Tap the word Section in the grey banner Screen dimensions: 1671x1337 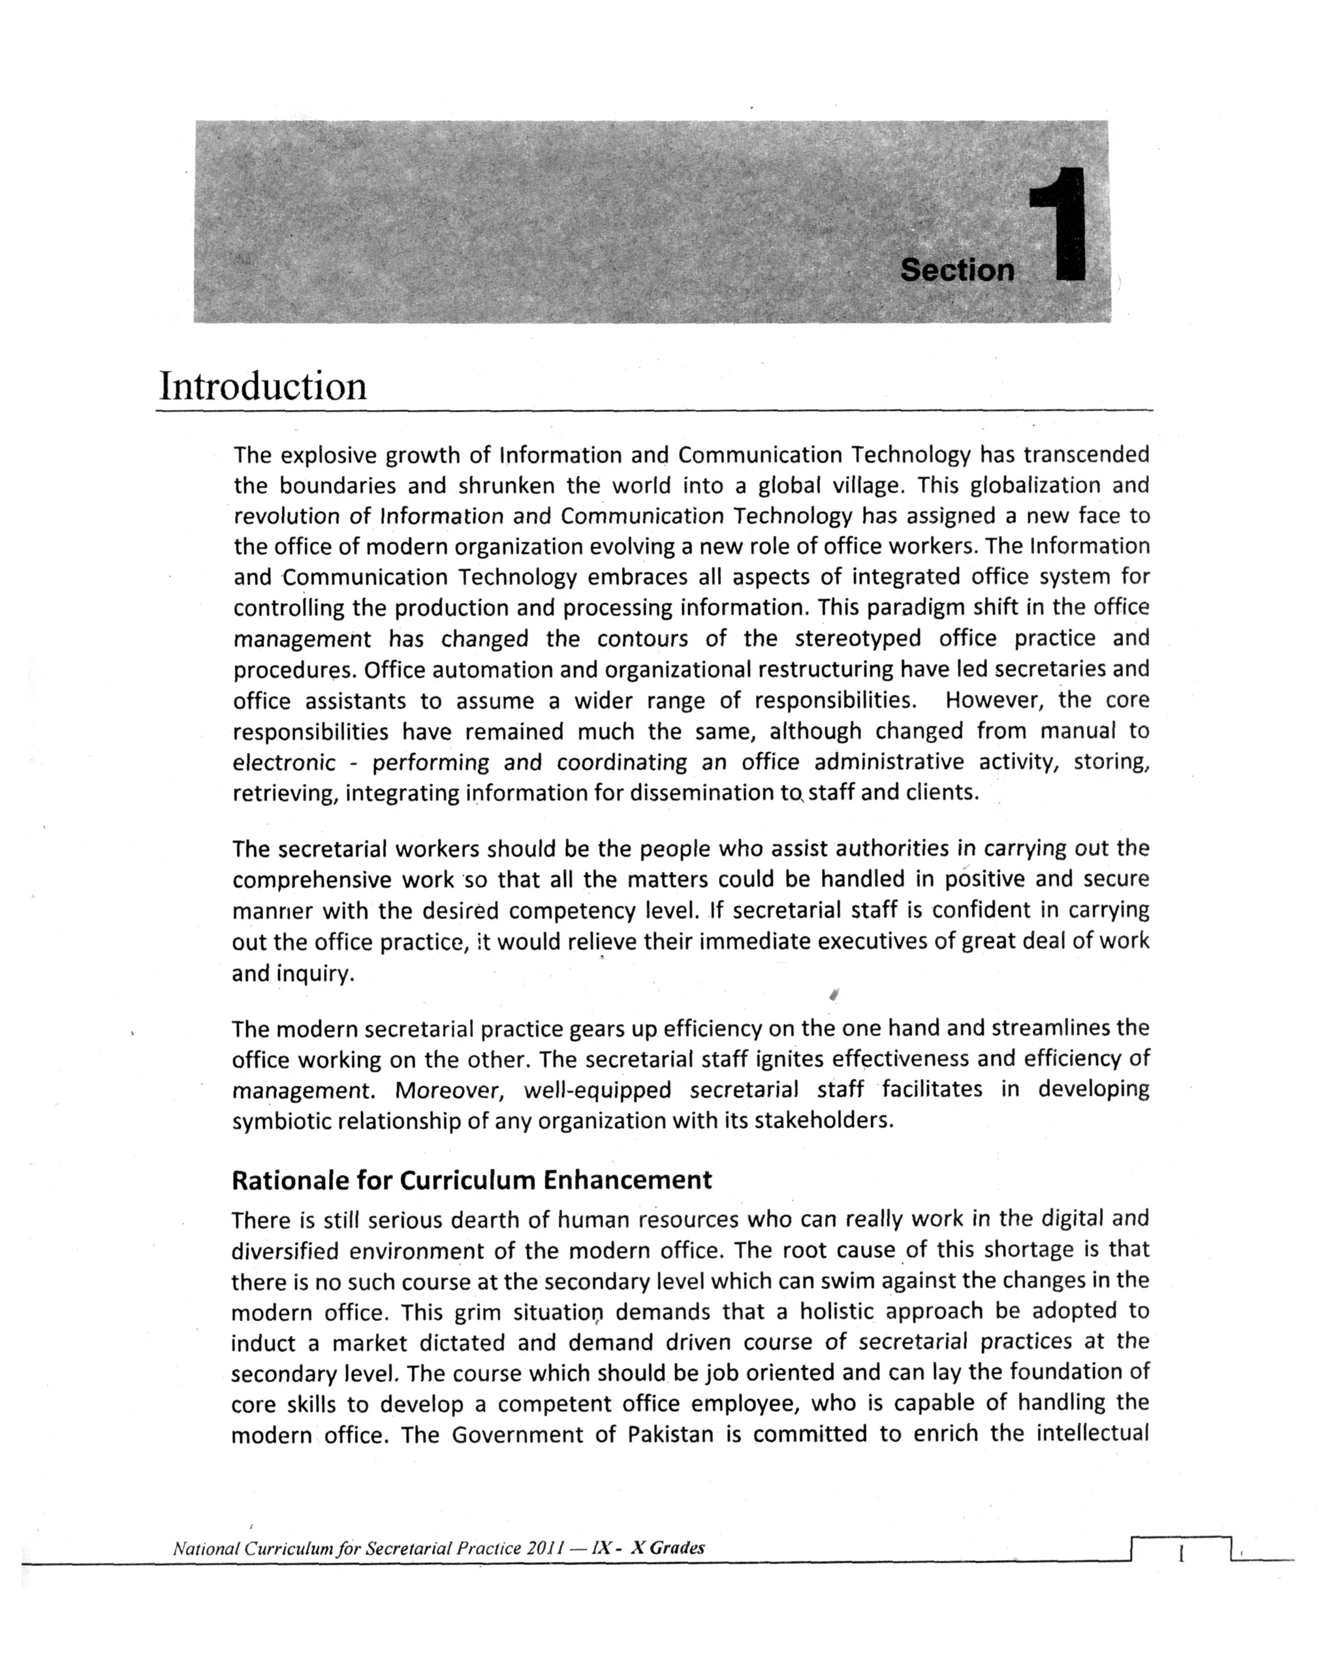click(957, 270)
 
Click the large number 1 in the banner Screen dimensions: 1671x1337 click(1060, 225)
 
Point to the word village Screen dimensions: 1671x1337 click(868, 486)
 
